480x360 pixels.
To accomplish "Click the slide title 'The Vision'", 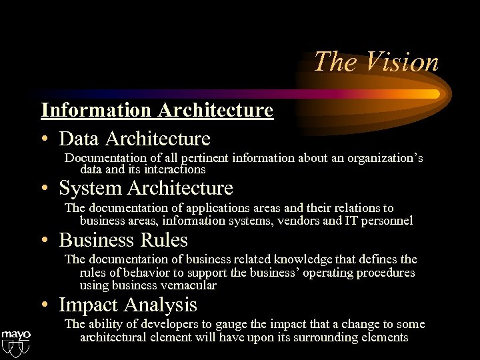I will point(376,62).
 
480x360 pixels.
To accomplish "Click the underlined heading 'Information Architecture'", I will point(157,109).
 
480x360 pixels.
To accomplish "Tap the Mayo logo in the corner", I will point(15,340).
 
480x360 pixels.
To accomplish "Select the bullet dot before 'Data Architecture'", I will point(44,139).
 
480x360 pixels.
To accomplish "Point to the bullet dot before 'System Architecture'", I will point(44,189).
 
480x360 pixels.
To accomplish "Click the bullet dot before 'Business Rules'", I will point(44,240).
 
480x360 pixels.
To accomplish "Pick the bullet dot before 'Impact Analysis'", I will point(44,305).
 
